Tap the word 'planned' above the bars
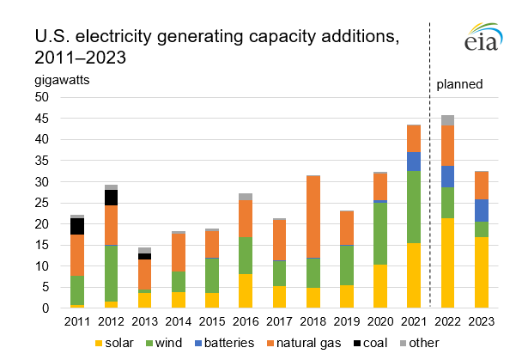point(459,84)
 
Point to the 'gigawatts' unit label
point(63,80)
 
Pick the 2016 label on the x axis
point(245,320)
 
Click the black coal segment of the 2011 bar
point(77,226)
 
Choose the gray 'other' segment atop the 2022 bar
point(447,120)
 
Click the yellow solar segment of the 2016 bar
point(245,291)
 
